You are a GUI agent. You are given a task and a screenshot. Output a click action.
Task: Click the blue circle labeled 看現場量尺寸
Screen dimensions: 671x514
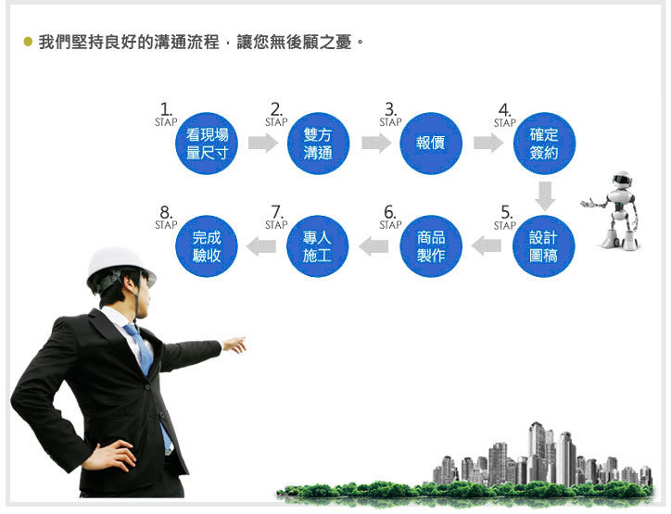pyautogui.click(x=207, y=144)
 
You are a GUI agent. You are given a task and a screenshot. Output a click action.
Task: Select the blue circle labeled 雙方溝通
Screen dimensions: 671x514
pyautogui.click(x=318, y=144)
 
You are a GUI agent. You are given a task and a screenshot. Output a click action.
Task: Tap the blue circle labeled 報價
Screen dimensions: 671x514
pyautogui.click(x=431, y=144)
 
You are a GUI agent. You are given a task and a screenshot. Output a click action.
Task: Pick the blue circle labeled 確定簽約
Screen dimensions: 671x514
pyautogui.click(x=544, y=144)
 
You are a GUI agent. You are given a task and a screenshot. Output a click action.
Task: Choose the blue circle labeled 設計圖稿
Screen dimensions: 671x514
pyautogui.click(x=544, y=246)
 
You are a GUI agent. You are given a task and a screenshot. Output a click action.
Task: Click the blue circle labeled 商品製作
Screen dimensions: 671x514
pyautogui.click(x=431, y=246)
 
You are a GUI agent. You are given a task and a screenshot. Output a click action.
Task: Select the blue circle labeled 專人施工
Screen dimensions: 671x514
pyautogui.click(x=318, y=246)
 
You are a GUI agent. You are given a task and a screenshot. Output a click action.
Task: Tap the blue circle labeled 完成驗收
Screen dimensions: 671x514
pyautogui.click(x=207, y=246)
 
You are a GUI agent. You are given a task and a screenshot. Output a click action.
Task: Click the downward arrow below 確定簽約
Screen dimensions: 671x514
pyautogui.click(x=545, y=196)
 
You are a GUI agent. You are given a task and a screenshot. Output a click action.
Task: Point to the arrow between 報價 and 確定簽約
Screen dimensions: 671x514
pyautogui.click(x=488, y=143)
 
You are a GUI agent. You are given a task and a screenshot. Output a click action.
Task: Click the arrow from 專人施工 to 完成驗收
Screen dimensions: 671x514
pyautogui.click(x=261, y=245)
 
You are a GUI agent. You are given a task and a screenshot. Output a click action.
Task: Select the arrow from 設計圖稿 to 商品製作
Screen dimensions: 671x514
pyautogui.click(x=487, y=245)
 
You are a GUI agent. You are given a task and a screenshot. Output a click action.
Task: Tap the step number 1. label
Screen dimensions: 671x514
pyautogui.click(x=166, y=109)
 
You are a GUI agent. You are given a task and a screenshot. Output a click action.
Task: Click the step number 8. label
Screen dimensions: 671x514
pyautogui.click(x=166, y=212)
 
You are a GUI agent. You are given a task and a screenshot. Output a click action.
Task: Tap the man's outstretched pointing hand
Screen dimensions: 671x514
pyautogui.click(x=234, y=345)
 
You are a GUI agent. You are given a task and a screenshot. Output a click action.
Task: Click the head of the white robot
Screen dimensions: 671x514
pyautogui.click(x=622, y=179)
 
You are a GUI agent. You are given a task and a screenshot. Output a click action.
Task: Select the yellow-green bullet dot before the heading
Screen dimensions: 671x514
pyautogui.click(x=28, y=42)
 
